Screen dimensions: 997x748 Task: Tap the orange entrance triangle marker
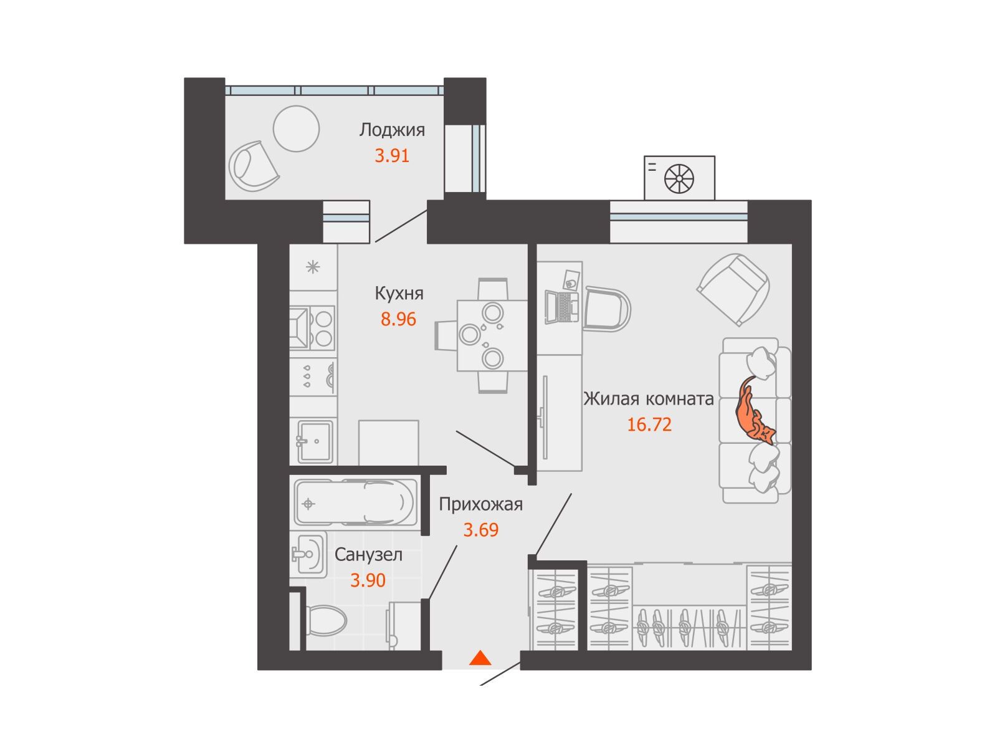coord(480,658)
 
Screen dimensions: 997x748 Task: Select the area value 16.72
coord(649,424)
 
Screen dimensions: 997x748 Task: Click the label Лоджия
coord(391,130)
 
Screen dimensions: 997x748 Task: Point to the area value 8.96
coord(398,319)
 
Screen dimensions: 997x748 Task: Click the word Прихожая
coord(480,504)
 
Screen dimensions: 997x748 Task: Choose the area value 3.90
coord(368,580)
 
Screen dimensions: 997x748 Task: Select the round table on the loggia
coord(296,128)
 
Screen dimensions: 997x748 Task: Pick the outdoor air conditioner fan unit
coord(679,178)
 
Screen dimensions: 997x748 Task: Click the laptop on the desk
coord(562,307)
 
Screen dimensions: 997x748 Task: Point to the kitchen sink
coord(315,441)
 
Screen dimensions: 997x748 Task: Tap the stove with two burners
coord(312,328)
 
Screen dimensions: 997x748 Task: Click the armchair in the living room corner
coord(733,289)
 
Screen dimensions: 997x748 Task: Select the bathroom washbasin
coord(308,554)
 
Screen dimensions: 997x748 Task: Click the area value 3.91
coord(391,156)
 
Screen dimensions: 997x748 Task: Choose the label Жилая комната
coord(648,399)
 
